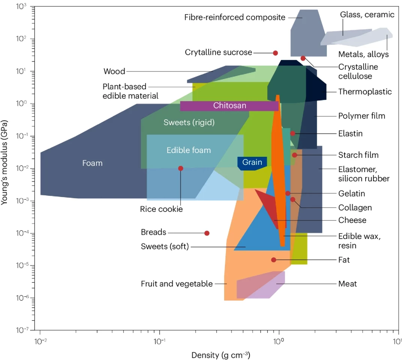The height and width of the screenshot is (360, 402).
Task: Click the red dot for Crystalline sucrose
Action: pos(275,53)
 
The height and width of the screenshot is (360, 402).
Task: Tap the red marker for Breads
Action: pos(206,233)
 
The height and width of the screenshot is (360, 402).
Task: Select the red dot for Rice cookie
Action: pos(181,168)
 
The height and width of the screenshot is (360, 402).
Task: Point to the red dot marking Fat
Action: pos(274,260)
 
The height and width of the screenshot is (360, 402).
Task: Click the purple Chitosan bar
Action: pos(230,106)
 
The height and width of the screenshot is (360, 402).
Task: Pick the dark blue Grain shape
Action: pos(252,162)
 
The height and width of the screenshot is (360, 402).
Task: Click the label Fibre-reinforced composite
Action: pos(235,17)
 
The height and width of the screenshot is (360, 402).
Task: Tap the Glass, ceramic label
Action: pos(367,15)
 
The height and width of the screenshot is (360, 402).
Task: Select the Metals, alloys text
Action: pos(363,54)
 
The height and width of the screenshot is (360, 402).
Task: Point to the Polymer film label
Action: pos(361,116)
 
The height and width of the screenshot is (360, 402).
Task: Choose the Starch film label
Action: pos(358,155)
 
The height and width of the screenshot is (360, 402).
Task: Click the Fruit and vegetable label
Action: pos(177,284)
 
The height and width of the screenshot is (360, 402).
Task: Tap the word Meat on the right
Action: pos(348,284)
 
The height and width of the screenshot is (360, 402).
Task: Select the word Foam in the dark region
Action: pos(92,163)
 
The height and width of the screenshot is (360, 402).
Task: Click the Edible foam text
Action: pos(189,150)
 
